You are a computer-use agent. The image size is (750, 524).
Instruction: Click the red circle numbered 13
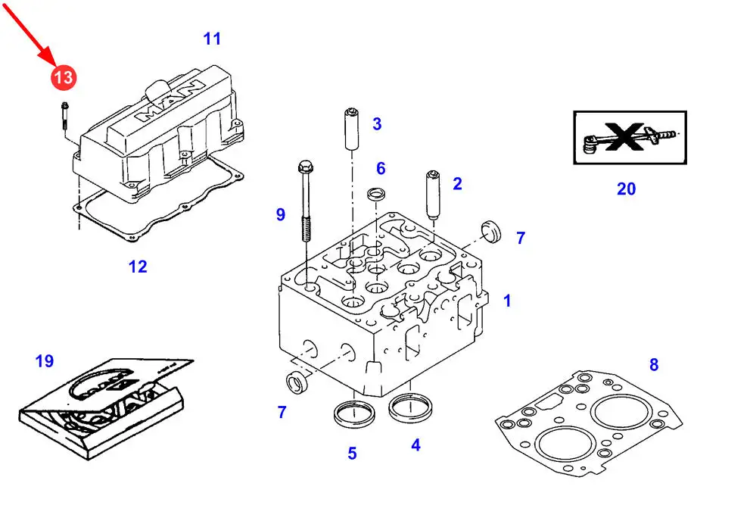pyautogui.click(x=64, y=76)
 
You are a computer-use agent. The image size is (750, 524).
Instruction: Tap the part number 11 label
pyautogui.click(x=212, y=38)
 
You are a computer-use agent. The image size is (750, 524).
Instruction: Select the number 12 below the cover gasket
pyautogui.click(x=138, y=267)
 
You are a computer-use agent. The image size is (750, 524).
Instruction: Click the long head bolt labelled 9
pyautogui.click(x=305, y=201)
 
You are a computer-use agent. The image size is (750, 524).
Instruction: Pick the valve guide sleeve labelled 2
pyautogui.click(x=435, y=194)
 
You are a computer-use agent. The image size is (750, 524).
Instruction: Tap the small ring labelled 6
pyautogui.click(x=376, y=195)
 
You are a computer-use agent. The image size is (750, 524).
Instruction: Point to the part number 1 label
pyautogui.click(x=507, y=301)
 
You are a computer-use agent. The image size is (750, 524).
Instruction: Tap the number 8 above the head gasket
pyautogui.click(x=654, y=365)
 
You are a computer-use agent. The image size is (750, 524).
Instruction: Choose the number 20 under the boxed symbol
pyautogui.click(x=626, y=189)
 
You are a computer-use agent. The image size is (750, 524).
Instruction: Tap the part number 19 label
pyautogui.click(x=45, y=361)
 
